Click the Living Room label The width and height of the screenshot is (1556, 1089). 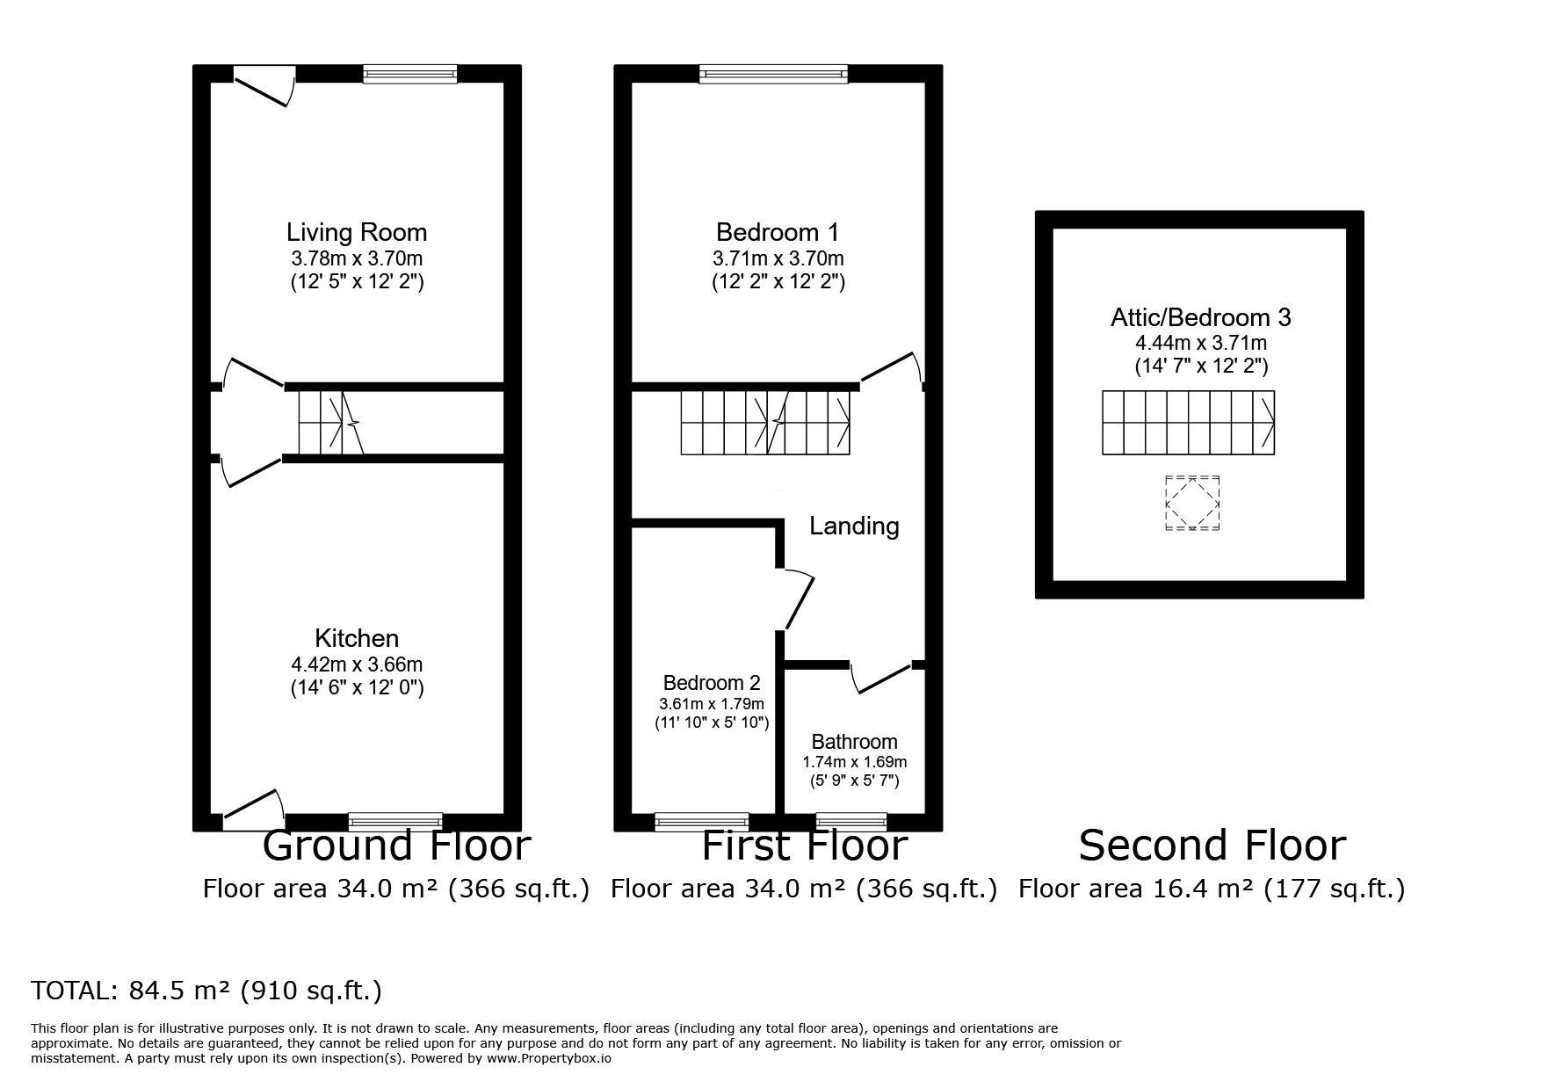[x=356, y=232]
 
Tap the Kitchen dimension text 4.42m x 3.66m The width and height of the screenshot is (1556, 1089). [x=357, y=664]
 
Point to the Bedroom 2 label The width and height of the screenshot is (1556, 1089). [x=711, y=683]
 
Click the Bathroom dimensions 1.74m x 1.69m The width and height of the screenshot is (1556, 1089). [x=854, y=762]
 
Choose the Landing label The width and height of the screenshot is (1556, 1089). [x=853, y=526]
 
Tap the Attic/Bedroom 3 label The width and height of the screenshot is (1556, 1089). [x=1200, y=317]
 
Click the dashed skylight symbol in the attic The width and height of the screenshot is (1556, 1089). [x=1192, y=503]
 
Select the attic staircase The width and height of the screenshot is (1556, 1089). [x=1188, y=423]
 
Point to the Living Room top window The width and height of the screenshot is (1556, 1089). [x=409, y=75]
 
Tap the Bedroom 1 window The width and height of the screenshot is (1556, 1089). [x=773, y=75]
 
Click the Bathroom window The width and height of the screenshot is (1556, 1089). [x=850, y=822]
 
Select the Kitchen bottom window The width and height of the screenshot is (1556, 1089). [x=395, y=822]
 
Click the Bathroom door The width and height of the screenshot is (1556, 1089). [x=880, y=678]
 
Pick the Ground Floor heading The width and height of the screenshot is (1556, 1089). [x=396, y=846]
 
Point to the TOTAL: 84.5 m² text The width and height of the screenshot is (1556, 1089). [x=206, y=991]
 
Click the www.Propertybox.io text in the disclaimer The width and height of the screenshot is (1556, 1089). [x=548, y=1058]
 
